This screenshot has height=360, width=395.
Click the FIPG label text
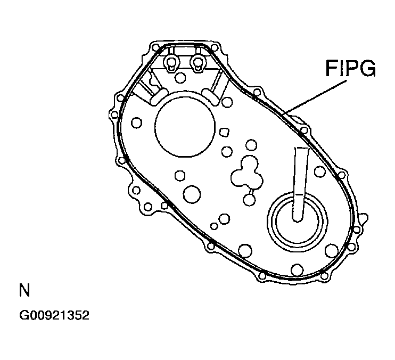350,69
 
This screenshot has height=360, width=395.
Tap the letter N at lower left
24,291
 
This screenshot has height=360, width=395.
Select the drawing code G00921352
54,315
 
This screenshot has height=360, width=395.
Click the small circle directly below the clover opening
249,200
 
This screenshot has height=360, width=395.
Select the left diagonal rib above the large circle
145,92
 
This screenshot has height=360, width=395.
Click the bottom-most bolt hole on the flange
262,275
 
